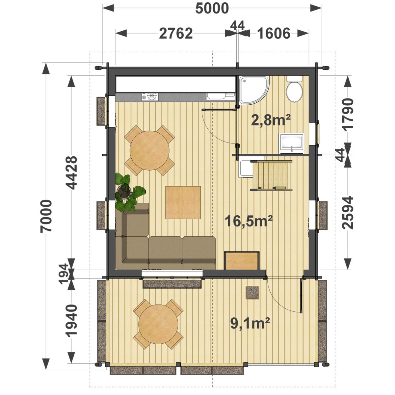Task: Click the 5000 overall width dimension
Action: [212, 9]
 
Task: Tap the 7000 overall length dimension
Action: [46, 216]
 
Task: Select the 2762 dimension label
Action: [176, 34]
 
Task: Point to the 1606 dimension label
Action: [274, 34]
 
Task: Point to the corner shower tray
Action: [254, 90]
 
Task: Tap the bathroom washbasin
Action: [292, 143]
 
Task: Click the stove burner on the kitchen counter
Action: [152, 97]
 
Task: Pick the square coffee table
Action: [183, 202]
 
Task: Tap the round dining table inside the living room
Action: [150, 150]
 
